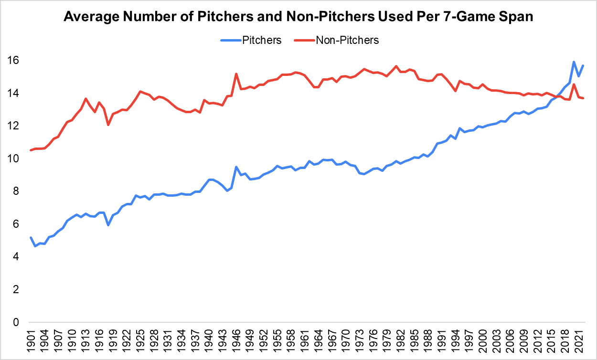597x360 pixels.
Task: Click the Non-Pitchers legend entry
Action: pos(347,40)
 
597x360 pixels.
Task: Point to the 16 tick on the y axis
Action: pos(13,61)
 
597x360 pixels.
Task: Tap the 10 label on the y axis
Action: pos(13,159)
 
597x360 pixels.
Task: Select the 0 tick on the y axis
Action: pos(16,323)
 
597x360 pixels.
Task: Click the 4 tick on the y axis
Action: pos(16,257)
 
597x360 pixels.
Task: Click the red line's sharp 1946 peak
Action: pos(236,74)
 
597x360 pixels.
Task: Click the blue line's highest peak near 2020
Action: pos(574,62)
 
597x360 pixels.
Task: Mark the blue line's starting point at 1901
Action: pos(31,238)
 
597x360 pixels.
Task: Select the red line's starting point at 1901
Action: pos(31,150)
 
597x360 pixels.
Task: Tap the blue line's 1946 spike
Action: pos(236,167)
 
